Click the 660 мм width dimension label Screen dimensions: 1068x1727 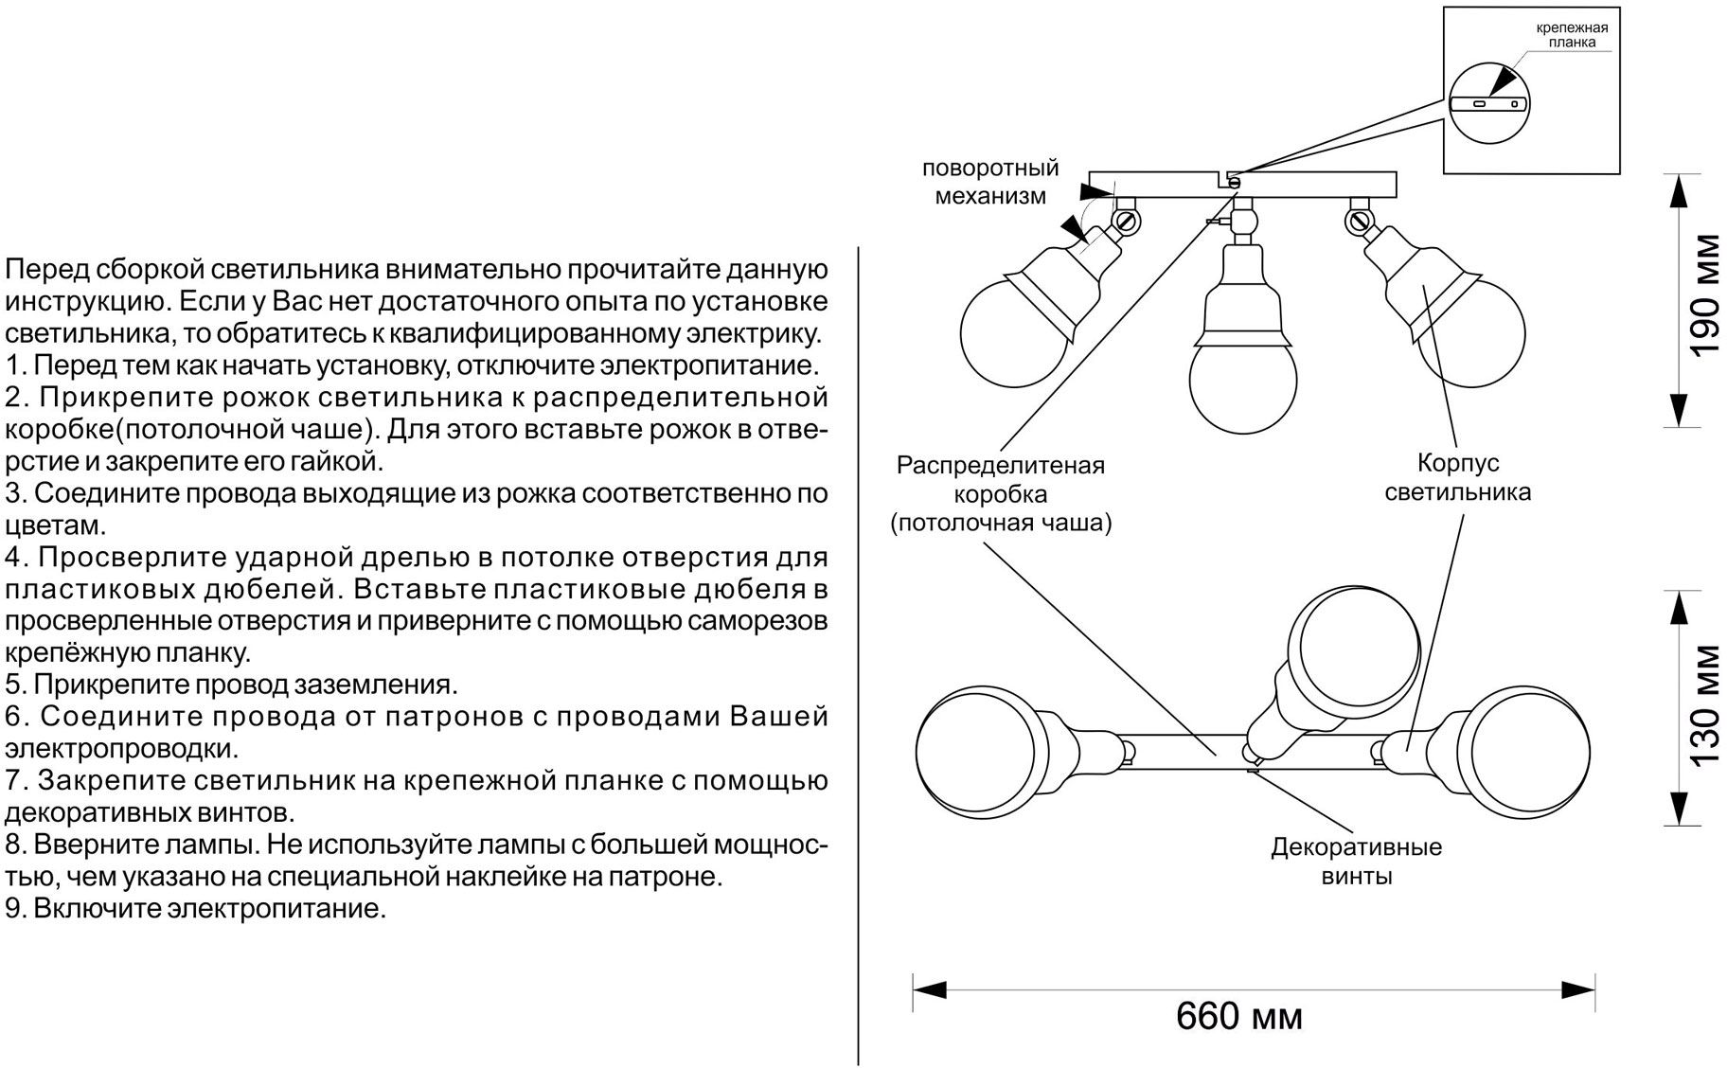(x=1238, y=1017)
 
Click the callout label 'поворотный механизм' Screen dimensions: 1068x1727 (x=990, y=183)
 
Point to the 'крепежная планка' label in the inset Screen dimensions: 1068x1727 (x=1572, y=35)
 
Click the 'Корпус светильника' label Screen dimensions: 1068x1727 (x=1457, y=478)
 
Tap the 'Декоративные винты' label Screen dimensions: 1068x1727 (x=1356, y=861)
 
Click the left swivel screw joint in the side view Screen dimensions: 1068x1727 (x=1127, y=221)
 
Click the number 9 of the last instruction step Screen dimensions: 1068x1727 (x=12, y=909)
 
